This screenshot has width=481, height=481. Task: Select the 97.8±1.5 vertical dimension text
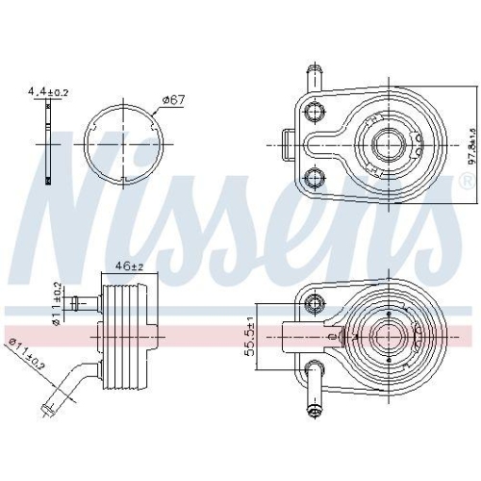(471, 144)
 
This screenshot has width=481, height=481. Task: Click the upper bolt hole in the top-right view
(313, 111)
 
